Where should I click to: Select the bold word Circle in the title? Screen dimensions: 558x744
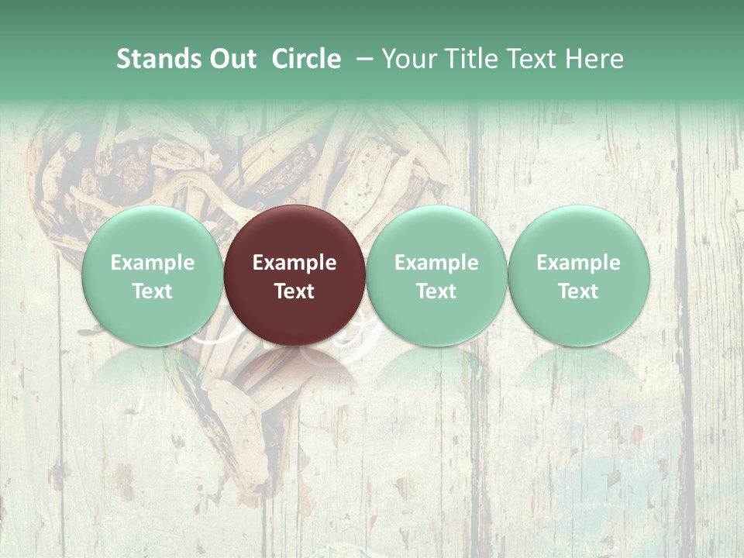tap(306, 59)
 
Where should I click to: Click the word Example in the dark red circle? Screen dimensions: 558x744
tap(294, 263)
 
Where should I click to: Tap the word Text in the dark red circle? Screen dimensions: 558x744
tap(294, 291)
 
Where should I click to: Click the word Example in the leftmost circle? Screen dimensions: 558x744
tap(152, 263)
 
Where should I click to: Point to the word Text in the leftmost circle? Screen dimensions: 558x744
tap(152, 291)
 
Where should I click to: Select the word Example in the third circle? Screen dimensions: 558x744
tap(436, 263)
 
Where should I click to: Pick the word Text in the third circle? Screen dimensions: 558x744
tap(436, 291)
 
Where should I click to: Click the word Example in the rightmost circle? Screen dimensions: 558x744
tap(578, 263)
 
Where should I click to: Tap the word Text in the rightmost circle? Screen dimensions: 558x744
tap(578, 291)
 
